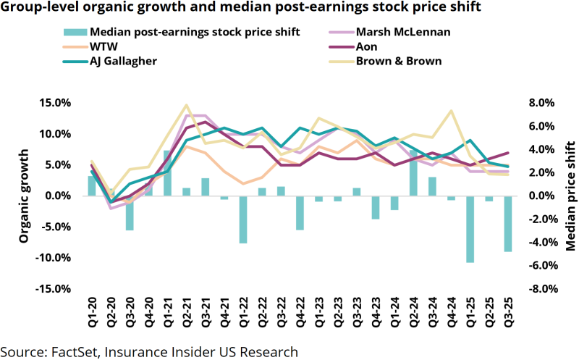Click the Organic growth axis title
pos(24,196)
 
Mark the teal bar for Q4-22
pos(299,213)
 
